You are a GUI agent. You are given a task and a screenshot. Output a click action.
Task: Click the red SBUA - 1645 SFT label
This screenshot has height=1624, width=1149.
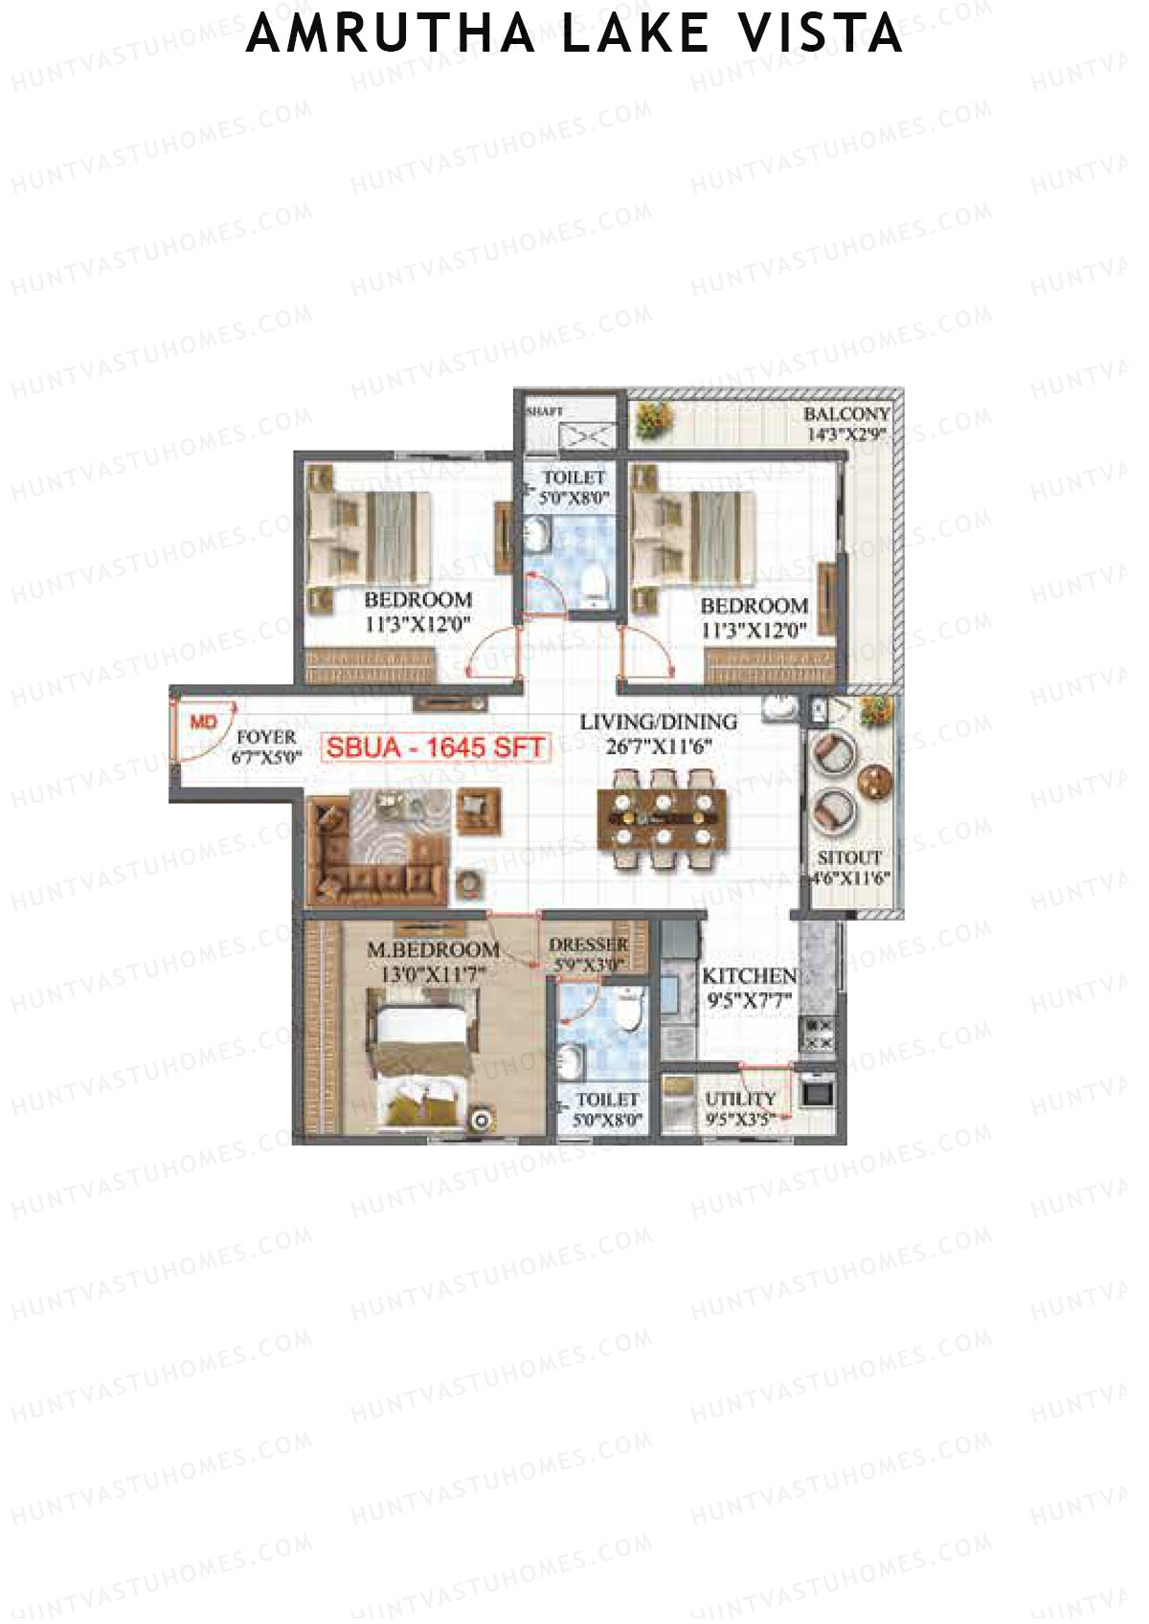[436, 747]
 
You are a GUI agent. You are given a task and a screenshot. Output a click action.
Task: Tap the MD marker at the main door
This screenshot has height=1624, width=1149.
[203, 723]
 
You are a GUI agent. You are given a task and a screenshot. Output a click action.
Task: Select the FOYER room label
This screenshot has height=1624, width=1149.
[266, 738]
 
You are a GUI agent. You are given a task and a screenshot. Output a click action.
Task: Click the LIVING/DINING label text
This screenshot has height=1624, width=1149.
[659, 723]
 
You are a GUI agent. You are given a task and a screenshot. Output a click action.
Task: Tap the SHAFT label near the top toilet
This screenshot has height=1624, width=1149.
[544, 412]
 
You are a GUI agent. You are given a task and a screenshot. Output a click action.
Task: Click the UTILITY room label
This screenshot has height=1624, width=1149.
[740, 1100]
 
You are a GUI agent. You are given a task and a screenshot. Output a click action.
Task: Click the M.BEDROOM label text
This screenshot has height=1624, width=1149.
[434, 950]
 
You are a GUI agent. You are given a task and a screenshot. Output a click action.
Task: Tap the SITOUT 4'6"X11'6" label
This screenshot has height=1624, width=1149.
[850, 867]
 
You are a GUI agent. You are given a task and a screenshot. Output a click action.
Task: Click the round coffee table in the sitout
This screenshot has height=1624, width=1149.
[875, 782]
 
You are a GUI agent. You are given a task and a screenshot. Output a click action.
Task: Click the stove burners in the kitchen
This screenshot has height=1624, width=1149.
[818, 1034]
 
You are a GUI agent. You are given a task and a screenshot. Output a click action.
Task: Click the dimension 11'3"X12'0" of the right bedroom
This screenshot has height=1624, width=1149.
[754, 631]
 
